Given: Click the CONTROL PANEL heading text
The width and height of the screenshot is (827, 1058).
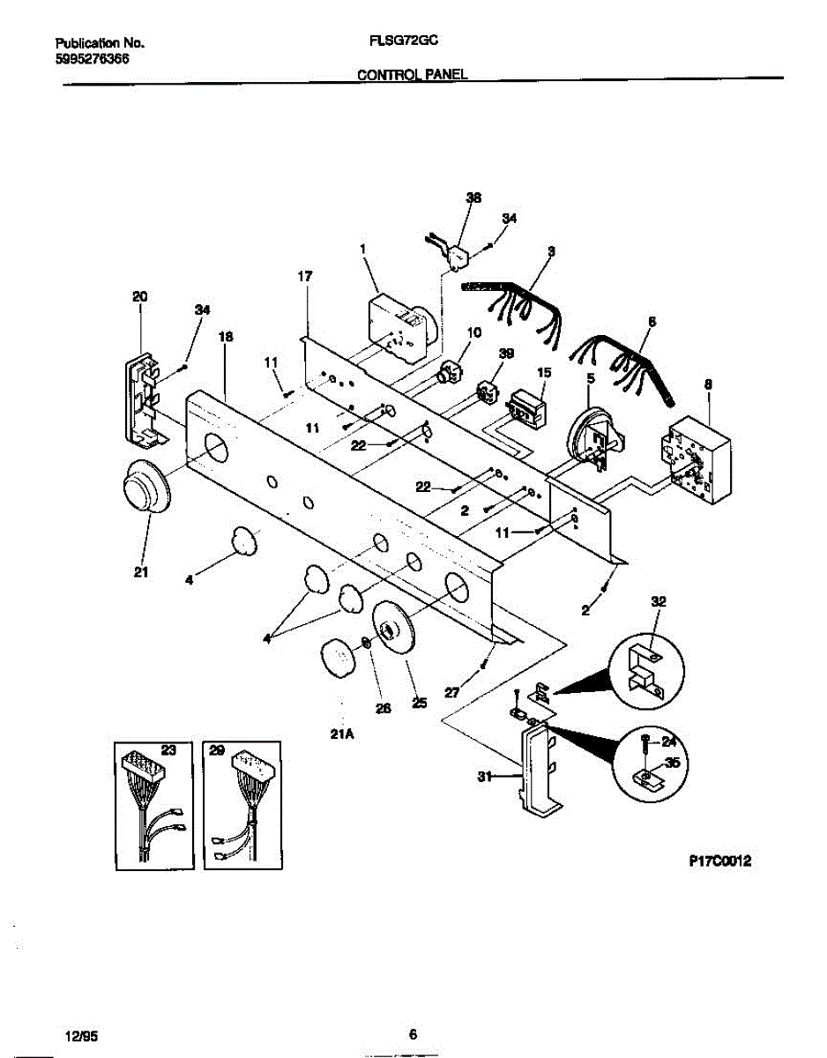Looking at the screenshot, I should [x=411, y=75].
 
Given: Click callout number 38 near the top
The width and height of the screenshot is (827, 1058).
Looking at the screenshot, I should [x=473, y=198].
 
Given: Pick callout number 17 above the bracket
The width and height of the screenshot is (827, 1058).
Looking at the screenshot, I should [x=305, y=277].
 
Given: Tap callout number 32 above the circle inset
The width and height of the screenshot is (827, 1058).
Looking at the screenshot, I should [x=659, y=601].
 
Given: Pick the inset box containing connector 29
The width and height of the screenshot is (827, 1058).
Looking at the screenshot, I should [x=242, y=804].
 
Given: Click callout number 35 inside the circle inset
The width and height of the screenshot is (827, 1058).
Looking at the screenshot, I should [x=673, y=764].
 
